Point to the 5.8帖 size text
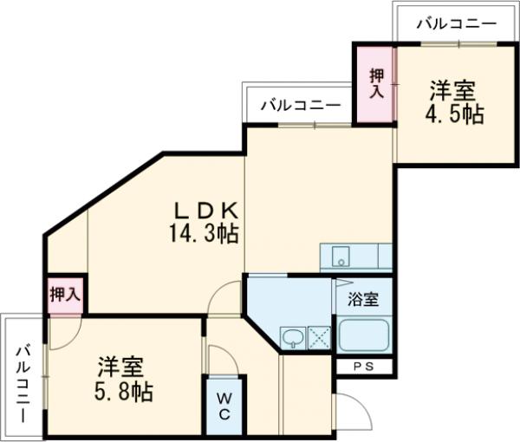[x=125, y=391]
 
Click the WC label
[x=224, y=405]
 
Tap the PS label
[x=364, y=367]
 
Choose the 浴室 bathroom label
[x=363, y=301]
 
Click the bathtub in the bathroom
[x=364, y=334]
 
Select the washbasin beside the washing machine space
[x=293, y=337]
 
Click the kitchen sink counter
[x=355, y=257]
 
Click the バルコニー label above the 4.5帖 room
[x=455, y=23]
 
